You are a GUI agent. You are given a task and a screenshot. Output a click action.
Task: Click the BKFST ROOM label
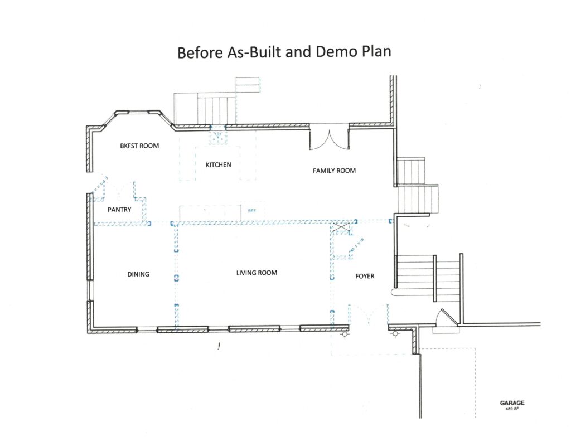(x=139, y=146)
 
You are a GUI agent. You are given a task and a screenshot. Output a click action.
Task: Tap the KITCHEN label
(x=219, y=165)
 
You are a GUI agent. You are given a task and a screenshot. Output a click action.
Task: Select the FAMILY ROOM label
(x=335, y=171)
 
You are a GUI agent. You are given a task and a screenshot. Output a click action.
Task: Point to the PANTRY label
(x=119, y=210)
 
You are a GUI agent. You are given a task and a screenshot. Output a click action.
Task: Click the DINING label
(x=138, y=274)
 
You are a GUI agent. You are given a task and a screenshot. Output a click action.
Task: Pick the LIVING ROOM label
(x=257, y=273)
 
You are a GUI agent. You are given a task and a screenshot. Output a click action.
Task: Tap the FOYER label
(x=365, y=276)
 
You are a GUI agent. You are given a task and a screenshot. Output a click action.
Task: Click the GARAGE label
(x=512, y=403)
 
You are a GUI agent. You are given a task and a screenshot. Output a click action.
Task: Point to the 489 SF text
(x=512, y=409)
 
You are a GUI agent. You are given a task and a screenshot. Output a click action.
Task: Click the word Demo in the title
(x=337, y=51)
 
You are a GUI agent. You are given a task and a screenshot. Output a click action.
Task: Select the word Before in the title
(x=200, y=52)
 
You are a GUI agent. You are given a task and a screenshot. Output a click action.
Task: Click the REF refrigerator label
(x=252, y=211)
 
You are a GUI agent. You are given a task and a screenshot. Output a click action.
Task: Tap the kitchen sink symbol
(x=218, y=138)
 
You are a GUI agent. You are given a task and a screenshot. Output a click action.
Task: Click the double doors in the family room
(x=330, y=137)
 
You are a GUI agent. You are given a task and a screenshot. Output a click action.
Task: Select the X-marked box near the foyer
(x=342, y=229)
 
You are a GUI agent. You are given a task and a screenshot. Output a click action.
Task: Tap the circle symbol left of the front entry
(x=345, y=333)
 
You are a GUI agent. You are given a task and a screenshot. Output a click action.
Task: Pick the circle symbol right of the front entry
(x=395, y=333)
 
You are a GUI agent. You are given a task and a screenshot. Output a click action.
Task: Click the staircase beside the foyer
(x=428, y=276)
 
